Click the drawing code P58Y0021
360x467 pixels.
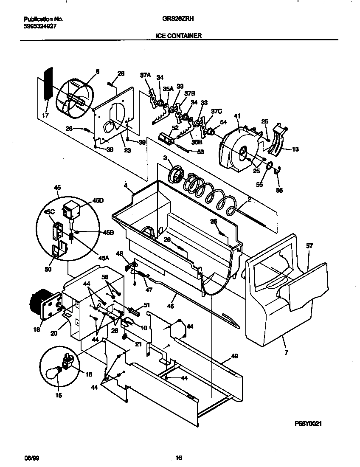pyautogui.click(x=311, y=424)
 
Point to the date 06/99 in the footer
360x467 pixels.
pyautogui.click(x=30, y=458)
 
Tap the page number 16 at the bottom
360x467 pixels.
pyautogui.click(x=179, y=458)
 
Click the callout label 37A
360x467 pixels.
pyautogui.click(x=145, y=75)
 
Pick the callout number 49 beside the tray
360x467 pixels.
pyautogui.click(x=234, y=356)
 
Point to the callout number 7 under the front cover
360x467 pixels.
pyautogui.click(x=286, y=352)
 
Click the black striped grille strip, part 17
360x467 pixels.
pyautogui.click(x=48, y=84)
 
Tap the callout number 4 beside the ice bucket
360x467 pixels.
pyautogui.click(x=126, y=185)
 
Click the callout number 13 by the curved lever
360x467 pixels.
pyautogui.click(x=295, y=149)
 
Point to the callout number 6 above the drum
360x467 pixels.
pyautogui.click(x=97, y=72)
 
